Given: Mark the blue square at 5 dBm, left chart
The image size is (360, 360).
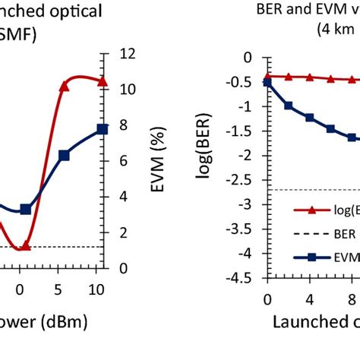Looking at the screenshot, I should [x=64, y=155].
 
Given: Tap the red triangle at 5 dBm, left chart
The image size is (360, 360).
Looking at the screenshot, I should [x=64, y=87].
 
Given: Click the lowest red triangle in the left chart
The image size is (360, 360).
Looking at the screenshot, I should [x=25, y=245].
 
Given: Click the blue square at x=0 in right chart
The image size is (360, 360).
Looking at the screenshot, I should [x=267, y=82].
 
